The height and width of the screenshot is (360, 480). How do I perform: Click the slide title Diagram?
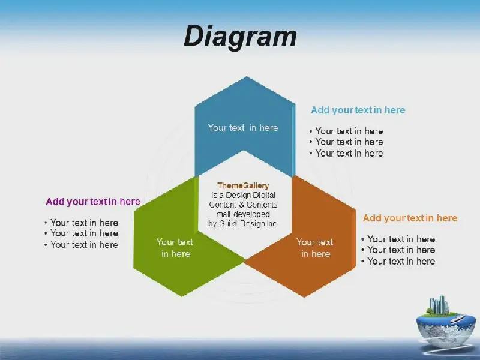coord(241,37)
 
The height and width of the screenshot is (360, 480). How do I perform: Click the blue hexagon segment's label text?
coord(243,128)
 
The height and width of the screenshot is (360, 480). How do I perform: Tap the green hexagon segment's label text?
coord(175,248)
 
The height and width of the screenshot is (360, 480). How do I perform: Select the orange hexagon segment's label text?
coord(315,248)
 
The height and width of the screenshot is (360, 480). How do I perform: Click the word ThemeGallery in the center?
coord(243,185)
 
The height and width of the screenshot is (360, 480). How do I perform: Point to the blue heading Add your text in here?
coord(358,110)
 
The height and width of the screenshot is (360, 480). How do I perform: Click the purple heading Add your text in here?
coord(93,202)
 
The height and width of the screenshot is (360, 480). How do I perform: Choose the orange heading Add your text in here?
coord(410,218)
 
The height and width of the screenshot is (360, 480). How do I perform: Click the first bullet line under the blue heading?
coord(346,131)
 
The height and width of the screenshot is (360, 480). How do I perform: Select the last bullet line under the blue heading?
coord(346,153)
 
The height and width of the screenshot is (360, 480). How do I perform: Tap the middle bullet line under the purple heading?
coord(81,233)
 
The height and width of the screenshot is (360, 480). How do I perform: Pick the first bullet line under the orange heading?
coord(398,239)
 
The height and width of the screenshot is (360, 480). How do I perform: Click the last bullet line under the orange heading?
coord(398,261)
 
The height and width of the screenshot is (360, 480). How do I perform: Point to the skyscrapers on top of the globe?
coord(439,305)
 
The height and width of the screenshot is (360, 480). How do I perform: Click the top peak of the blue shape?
coord(247,77)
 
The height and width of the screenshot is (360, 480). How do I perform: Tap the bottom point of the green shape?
coord(182,296)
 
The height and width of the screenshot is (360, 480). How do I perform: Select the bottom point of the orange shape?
coord(305,297)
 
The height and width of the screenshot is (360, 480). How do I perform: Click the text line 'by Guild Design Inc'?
coord(242,224)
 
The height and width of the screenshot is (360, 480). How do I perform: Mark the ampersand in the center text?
coord(242,205)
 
